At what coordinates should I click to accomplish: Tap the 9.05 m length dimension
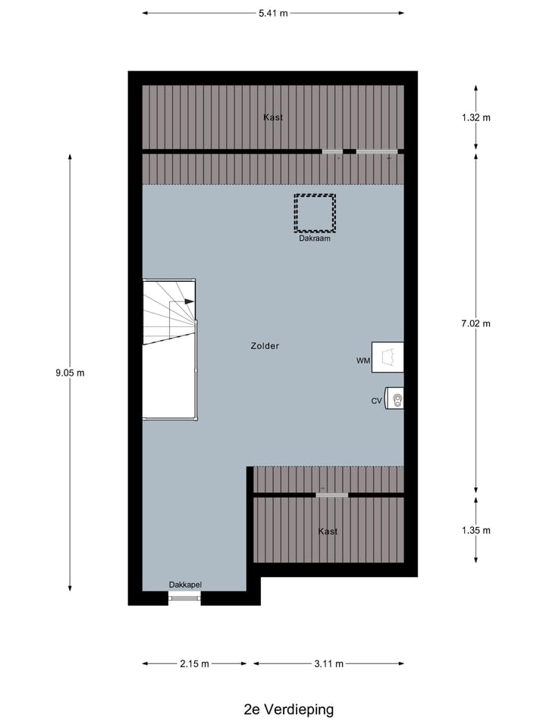[70, 373]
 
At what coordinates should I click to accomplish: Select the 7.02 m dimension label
[475, 323]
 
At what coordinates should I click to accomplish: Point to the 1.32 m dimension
[475, 117]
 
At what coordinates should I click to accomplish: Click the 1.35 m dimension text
[475, 530]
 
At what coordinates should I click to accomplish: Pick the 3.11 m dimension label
[328, 664]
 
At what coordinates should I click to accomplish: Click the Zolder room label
[265, 346]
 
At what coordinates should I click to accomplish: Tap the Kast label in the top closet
[273, 117]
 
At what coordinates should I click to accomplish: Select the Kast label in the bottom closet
[328, 532]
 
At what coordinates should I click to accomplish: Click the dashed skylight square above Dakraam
[315, 213]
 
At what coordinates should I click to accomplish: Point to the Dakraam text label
[315, 239]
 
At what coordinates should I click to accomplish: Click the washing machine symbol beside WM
[388, 357]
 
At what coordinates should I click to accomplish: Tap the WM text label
[362, 361]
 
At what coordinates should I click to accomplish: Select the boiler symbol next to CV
[394, 398]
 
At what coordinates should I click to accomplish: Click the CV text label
[376, 401]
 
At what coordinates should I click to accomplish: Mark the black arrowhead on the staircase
[189, 301]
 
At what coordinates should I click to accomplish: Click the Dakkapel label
[185, 584]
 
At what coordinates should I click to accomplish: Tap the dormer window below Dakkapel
[184, 598]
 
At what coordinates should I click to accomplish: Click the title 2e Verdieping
[288, 710]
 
